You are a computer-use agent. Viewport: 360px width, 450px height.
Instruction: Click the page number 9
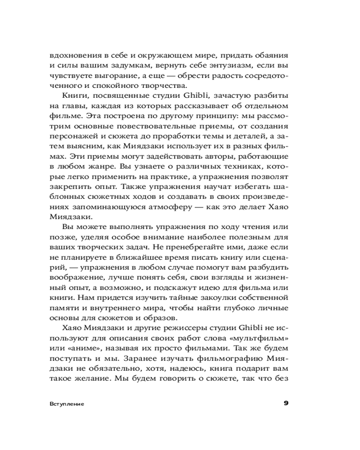[286, 403]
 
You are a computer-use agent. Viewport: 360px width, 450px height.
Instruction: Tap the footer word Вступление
[67, 404]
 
